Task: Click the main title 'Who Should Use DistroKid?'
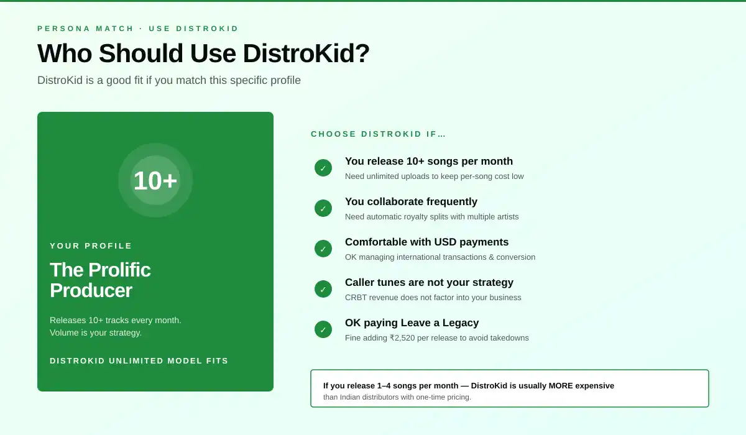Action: (x=203, y=53)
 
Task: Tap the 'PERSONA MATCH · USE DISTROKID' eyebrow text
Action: (x=138, y=29)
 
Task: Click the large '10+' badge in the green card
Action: (x=155, y=180)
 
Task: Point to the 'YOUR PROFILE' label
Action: (x=91, y=246)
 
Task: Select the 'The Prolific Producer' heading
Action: (x=100, y=280)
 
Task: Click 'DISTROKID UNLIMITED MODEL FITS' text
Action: (x=139, y=361)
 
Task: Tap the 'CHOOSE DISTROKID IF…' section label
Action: (x=379, y=134)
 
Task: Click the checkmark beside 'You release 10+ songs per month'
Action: (x=323, y=168)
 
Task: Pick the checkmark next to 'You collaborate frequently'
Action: (x=323, y=208)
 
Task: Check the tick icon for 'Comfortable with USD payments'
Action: (x=323, y=249)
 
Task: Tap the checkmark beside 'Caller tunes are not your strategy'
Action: (x=323, y=289)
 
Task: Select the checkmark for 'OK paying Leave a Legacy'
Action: (x=323, y=329)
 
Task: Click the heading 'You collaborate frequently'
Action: (x=411, y=202)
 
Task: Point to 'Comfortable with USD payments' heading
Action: (x=426, y=242)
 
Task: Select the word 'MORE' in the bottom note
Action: (x=561, y=386)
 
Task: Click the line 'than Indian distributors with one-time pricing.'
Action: (x=397, y=397)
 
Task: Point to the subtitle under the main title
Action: (x=169, y=81)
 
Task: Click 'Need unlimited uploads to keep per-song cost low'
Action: (x=434, y=176)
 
